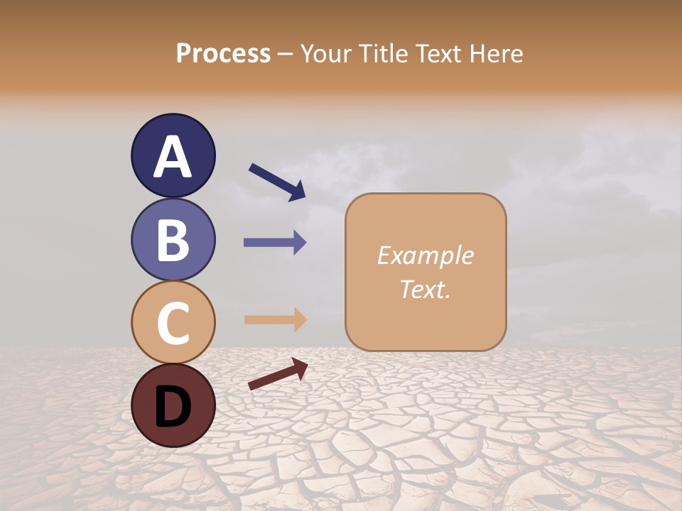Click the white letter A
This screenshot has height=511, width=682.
point(173,158)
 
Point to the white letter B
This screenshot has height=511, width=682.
point(173,240)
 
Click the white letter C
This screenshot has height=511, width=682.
point(173,323)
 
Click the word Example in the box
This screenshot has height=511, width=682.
point(426,255)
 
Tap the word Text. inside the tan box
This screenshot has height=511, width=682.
point(425,289)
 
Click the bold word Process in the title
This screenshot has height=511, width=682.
point(223,53)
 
